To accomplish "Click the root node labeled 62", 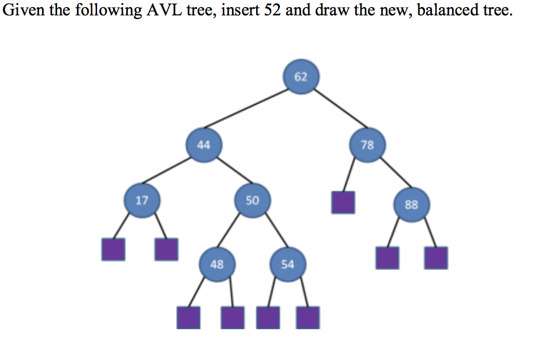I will click(301, 76).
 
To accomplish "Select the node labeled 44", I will click(204, 144).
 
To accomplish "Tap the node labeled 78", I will click(367, 144).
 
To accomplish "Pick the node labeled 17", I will click(142, 200).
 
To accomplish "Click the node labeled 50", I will click(252, 200).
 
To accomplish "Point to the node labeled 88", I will click(411, 205).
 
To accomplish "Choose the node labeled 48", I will click(217, 264).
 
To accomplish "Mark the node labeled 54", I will click(287, 264).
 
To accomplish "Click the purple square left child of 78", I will click(343, 202).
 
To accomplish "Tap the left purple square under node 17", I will click(113, 249).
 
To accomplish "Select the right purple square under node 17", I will click(166, 249).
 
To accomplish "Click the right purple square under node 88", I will click(436, 258).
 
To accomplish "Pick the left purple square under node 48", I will click(188, 317).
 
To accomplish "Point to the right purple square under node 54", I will click(308, 317).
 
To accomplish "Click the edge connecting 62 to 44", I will click(251, 110).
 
